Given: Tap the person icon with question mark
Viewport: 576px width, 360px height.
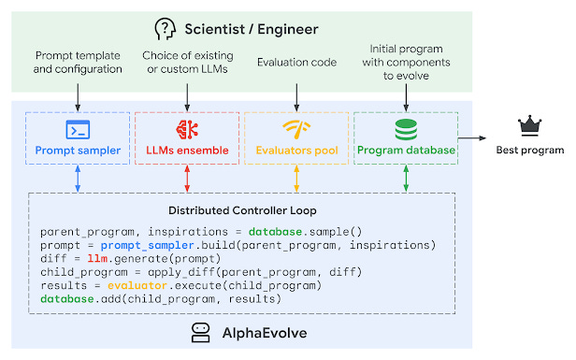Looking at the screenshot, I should pos(166,28).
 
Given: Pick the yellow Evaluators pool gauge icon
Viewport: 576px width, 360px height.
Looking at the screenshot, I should pos(295,129).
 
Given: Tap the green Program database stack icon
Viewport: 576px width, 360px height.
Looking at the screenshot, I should pos(405,129).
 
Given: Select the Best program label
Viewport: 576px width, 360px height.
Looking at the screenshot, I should pos(530,150).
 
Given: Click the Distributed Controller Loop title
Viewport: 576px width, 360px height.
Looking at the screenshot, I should pos(241,210).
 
